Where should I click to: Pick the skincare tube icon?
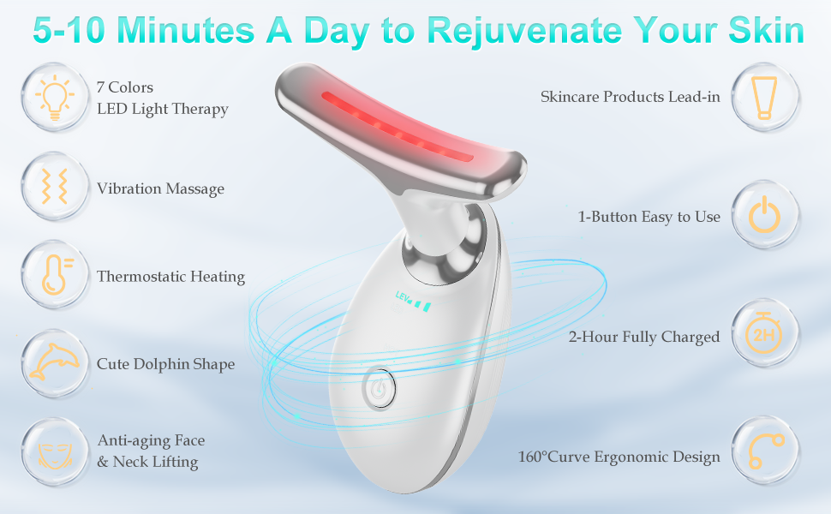[764, 97]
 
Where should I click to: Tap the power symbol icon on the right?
[764, 216]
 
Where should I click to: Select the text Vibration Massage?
[160, 188]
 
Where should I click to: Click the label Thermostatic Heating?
[170, 277]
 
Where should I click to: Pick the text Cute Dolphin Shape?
[165, 364]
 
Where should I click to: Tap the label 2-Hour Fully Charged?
[643, 337]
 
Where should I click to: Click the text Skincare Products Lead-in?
[630, 97]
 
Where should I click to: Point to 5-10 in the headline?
[73, 31]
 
